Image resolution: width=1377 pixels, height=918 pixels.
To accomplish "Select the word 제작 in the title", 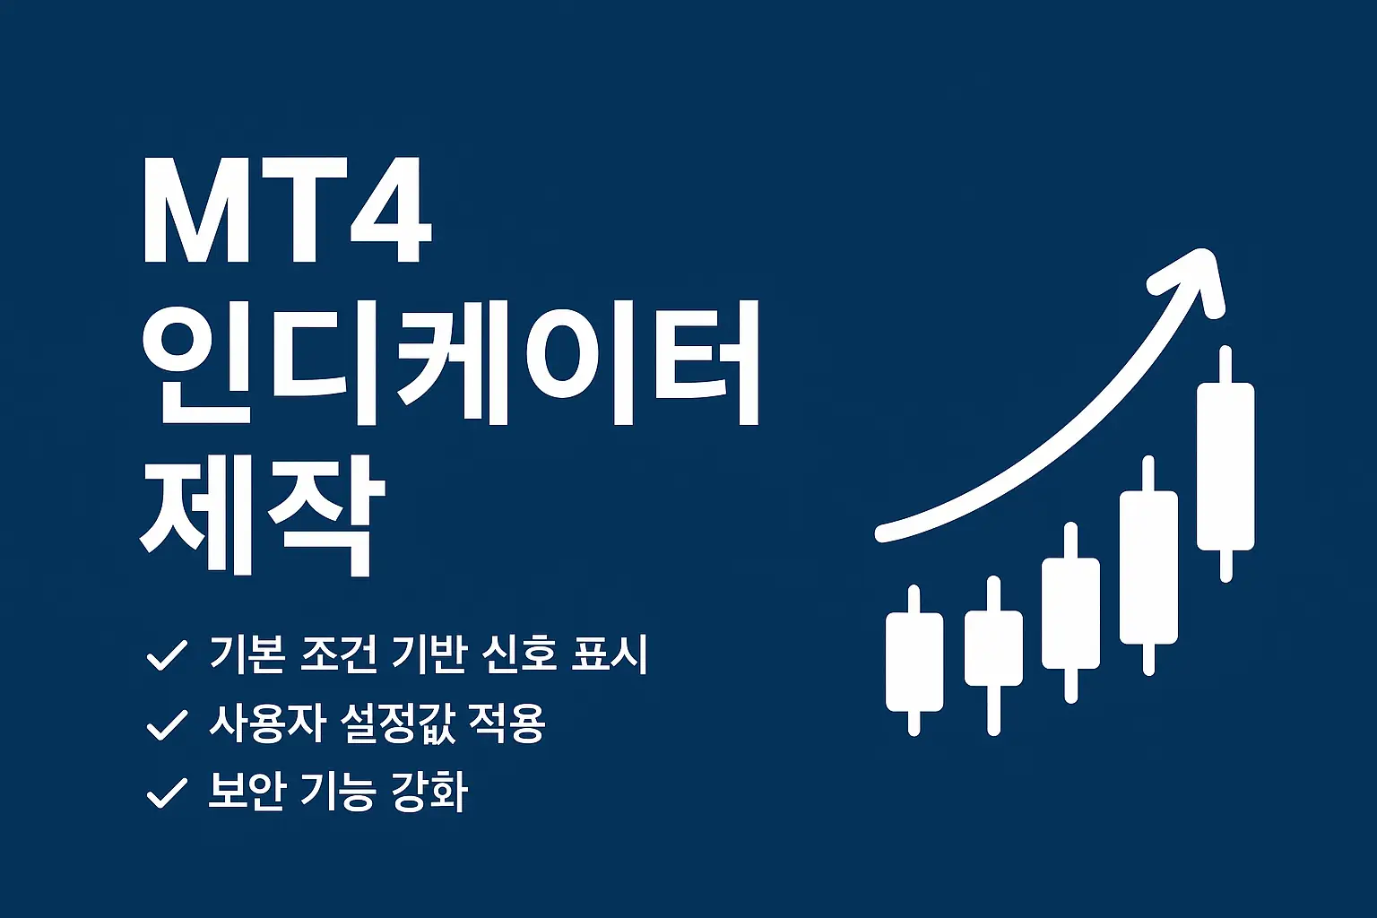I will pos(263,515).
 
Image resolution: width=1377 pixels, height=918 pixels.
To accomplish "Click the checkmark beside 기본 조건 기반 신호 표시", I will pos(166,655).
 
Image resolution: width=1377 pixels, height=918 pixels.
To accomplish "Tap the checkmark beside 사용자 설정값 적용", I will pos(166,724).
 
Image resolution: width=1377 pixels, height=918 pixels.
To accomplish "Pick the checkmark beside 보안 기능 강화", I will pos(166,793).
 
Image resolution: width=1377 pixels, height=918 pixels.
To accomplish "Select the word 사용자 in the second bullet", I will pos(266,723).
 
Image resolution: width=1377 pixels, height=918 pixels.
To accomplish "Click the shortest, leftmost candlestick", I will pos(914,662).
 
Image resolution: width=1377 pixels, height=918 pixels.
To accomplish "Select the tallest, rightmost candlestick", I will pos(1225,466).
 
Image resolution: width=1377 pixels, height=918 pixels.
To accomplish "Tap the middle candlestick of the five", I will pos(1070,613).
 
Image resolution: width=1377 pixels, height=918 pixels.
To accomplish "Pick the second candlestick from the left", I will pos(993,647).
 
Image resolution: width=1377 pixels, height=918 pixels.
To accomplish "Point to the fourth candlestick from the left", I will pos(1148,567).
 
